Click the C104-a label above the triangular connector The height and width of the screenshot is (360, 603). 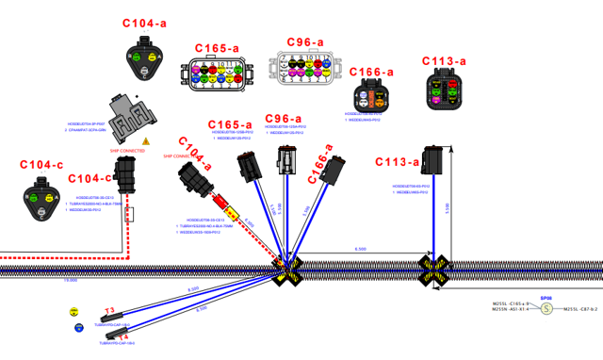tap(144, 23)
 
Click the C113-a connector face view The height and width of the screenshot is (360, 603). tap(445, 91)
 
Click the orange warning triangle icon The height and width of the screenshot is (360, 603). tap(146, 140)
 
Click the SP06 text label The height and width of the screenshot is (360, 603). tap(546, 297)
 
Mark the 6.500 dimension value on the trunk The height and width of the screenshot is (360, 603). tap(361, 249)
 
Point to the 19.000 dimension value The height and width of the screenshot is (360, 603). tap(70, 280)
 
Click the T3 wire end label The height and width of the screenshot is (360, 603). tap(109, 310)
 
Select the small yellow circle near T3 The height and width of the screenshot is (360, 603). tap(74, 311)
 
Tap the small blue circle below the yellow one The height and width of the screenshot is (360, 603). tap(79, 328)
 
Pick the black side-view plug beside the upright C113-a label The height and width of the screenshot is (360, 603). tap(434, 161)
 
